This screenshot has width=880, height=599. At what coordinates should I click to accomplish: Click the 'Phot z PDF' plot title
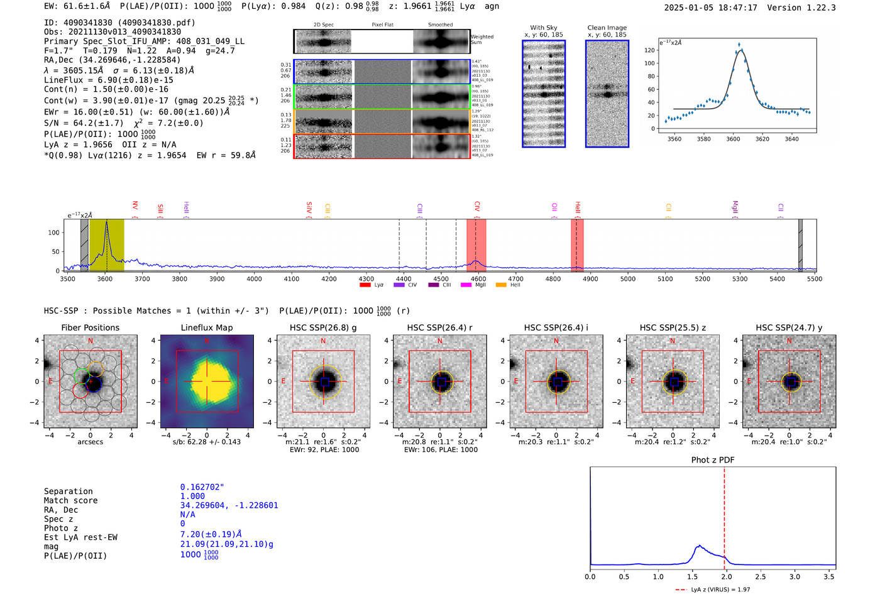point(713,460)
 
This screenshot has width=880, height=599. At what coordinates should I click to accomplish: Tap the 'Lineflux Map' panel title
point(206,327)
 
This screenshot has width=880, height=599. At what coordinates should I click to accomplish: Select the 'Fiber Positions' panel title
point(90,327)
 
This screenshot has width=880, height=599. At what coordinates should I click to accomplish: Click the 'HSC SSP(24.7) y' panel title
point(789,327)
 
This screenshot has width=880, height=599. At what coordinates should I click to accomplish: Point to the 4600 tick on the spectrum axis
point(478,279)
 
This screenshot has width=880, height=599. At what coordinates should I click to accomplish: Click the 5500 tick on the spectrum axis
point(815,279)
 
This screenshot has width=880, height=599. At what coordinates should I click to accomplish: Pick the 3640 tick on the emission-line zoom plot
point(791,139)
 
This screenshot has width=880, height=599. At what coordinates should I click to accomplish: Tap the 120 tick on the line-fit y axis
point(649,50)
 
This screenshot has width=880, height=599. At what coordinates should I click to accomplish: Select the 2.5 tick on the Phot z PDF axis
point(761,576)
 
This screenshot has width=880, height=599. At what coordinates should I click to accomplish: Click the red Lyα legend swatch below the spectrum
point(365,285)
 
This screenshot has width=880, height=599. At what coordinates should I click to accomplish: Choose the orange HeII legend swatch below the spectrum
point(501,285)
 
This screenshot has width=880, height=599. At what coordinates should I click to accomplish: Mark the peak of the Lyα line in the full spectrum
point(107,222)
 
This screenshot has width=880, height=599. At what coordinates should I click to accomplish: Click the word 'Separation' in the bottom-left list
point(68,492)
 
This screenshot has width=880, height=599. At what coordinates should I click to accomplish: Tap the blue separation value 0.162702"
point(202,487)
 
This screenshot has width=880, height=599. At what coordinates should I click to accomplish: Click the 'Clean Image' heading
point(607,28)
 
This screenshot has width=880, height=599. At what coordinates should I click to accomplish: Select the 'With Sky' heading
point(543,28)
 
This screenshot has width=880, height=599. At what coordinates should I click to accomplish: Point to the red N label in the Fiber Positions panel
point(91,341)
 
